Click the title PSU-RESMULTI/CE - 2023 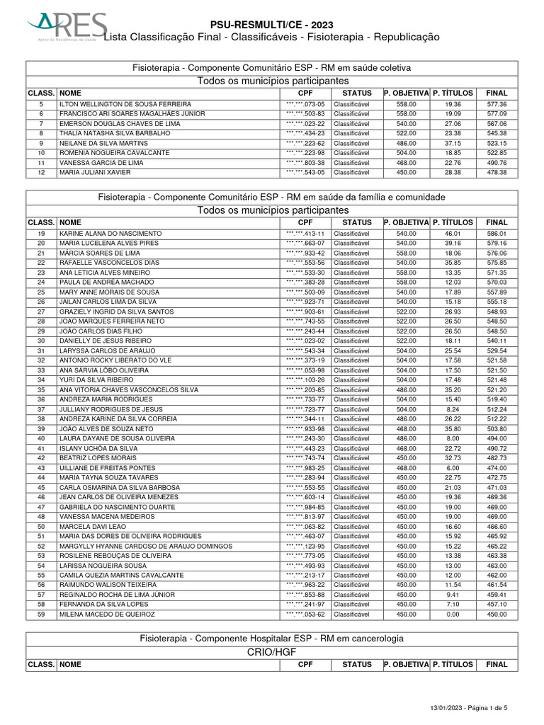pos(271,25)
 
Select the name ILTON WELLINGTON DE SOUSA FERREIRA pos(125,104)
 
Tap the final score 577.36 pos(497,104)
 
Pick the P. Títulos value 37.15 pos(453,143)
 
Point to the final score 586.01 pos(497,234)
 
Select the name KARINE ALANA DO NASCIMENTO pos(110,234)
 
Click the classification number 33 pos(42,370)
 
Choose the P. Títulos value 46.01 pos(453,234)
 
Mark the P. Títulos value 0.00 pos(453,615)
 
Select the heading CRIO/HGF pos(272,652)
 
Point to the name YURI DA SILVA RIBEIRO pos(96,380)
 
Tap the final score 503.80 pos(497,429)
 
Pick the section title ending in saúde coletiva pos(272,67)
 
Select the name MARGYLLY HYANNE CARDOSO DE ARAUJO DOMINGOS pos(146,546)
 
